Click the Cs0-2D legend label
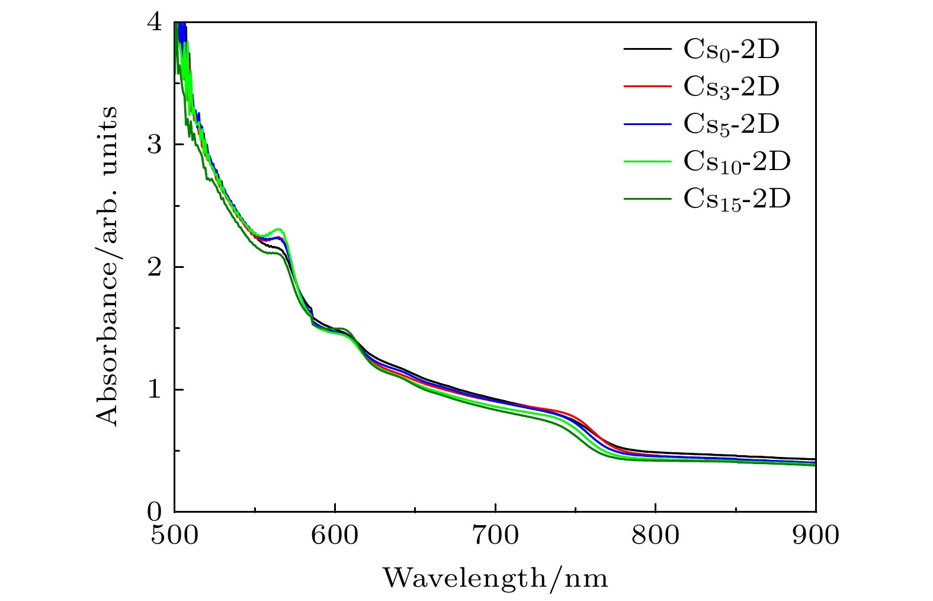pyautogui.click(x=731, y=50)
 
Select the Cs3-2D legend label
pyautogui.click(x=731, y=87)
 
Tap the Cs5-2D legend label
pyautogui.click(x=731, y=124)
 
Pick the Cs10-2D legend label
pyautogui.click(x=737, y=161)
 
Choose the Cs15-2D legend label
pyautogui.click(x=737, y=199)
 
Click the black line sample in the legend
pyautogui.click(x=647, y=49)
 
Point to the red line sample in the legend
pyautogui.click(x=647, y=87)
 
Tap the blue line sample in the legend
pyautogui.click(x=647, y=124)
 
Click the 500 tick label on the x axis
pyautogui.click(x=174, y=535)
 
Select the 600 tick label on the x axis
pyautogui.click(x=335, y=535)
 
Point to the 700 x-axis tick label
pyautogui.click(x=495, y=535)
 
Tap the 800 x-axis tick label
pyautogui.click(x=655, y=535)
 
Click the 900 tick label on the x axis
pyautogui.click(x=816, y=535)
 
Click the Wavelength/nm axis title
pyautogui.click(x=495, y=577)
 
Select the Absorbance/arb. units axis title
pyautogui.click(x=107, y=266)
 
